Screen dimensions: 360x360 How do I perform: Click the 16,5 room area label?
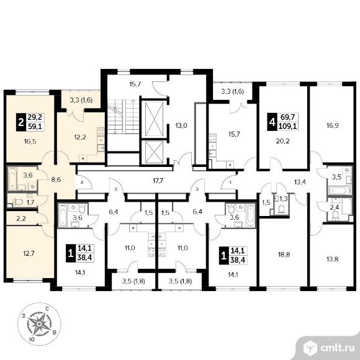(x=30, y=142)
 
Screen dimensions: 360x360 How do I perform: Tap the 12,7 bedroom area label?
(x=29, y=254)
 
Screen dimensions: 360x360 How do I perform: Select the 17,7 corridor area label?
(x=158, y=181)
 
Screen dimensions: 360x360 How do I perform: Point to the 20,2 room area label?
(x=283, y=141)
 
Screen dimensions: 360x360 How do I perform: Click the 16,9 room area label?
(x=333, y=126)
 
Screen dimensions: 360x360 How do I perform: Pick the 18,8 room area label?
(x=284, y=254)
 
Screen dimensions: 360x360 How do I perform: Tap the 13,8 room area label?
(x=333, y=259)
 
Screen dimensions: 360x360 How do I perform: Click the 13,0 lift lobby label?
(x=181, y=125)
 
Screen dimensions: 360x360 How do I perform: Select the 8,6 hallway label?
(x=56, y=179)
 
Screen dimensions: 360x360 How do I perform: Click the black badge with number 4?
(x=272, y=122)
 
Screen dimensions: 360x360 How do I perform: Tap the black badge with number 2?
(x=21, y=122)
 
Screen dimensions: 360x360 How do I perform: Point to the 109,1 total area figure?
(x=287, y=126)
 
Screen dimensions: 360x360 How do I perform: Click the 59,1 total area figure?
(x=35, y=126)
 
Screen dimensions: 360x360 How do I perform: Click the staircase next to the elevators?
(x=123, y=117)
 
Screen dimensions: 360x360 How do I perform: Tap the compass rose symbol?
(x=39, y=324)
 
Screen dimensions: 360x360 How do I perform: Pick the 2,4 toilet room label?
(x=335, y=207)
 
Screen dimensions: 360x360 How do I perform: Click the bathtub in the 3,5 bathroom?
(x=340, y=191)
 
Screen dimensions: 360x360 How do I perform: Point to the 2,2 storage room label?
(x=21, y=218)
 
